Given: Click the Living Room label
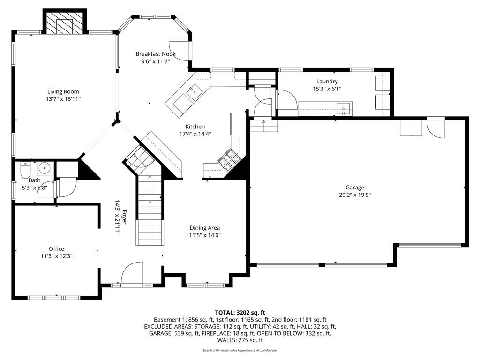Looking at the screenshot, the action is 63,91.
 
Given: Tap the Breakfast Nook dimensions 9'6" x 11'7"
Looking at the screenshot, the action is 156,61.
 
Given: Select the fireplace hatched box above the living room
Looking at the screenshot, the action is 65,23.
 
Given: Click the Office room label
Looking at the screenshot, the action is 57,249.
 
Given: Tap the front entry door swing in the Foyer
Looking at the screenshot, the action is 132,273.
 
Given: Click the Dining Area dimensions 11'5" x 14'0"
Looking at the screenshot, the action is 205,235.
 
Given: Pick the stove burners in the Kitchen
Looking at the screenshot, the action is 229,159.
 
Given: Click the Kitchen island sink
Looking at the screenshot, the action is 194,92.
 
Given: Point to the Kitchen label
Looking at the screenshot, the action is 195,127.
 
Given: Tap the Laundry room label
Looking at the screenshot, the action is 327,82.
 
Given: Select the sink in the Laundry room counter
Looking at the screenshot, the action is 344,109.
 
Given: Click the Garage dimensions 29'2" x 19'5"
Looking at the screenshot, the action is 355,195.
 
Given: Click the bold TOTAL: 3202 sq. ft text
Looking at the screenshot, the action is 240,313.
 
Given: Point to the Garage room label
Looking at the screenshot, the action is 355,187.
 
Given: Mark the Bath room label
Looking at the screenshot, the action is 34,180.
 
